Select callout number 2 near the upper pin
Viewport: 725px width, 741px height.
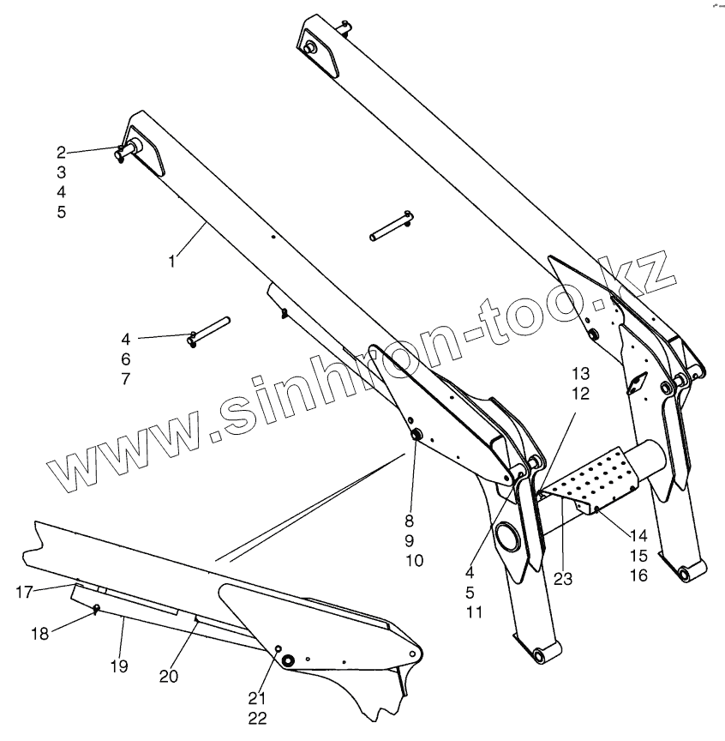(61, 153)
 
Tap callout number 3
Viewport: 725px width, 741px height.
(61, 172)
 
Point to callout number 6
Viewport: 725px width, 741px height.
(126, 358)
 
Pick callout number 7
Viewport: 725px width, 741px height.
(126, 378)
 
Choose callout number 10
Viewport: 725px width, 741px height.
(415, 560)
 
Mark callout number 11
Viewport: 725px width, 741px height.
(475, 611)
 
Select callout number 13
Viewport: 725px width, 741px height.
(581, 373)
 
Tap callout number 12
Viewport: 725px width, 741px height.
(581, 393)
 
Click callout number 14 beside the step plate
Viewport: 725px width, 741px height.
(638, 535)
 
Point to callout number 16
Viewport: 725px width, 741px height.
(638, 575)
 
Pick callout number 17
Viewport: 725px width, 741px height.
(25, 591)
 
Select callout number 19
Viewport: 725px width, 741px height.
(120, 666)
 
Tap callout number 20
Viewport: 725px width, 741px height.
(169, 677)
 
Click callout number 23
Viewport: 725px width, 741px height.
(562, 578)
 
